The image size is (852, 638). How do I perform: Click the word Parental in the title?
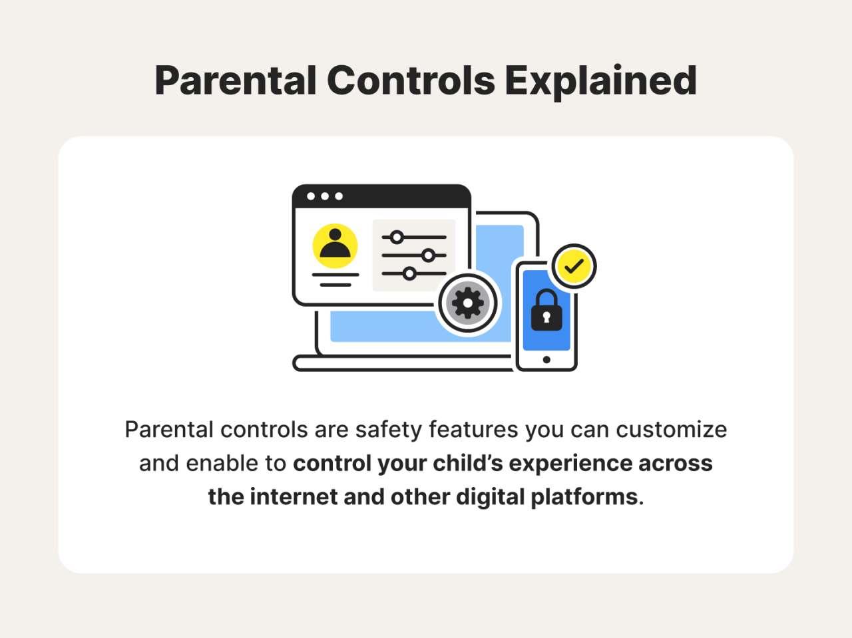pos(235,81)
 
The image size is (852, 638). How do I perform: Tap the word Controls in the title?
pos(411,81)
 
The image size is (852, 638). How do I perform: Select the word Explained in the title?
pos(600,81)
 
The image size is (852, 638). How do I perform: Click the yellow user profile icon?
pos(335,245)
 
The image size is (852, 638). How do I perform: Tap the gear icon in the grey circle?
pos(468,303)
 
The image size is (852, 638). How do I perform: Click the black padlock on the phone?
pos(546,311)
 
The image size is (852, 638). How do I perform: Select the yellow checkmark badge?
pos(574,267)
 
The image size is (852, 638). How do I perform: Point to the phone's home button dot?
pos(546,360)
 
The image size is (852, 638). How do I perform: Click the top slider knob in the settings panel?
pos(397,237)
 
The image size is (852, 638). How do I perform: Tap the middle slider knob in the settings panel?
pos(429,255)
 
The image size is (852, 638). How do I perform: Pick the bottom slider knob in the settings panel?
pos(409,273)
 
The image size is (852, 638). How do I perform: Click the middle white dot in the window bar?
pos(325,196)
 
